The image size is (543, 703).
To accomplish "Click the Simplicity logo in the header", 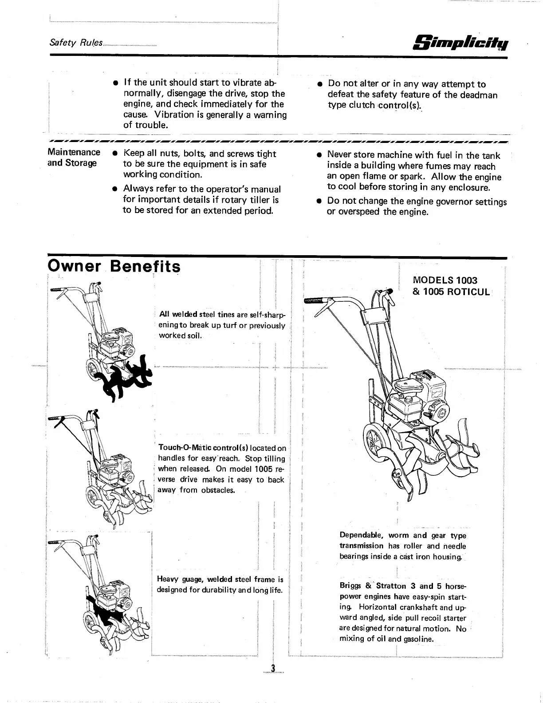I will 461,43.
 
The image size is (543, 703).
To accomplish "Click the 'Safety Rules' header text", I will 76,43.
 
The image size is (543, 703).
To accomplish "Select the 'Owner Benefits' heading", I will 114,267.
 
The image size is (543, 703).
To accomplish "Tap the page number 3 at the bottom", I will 273,669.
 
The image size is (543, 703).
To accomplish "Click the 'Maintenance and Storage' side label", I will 74,158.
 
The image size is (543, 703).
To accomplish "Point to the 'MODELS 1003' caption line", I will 445,280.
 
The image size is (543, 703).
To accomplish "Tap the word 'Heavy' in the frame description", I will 167,579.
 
